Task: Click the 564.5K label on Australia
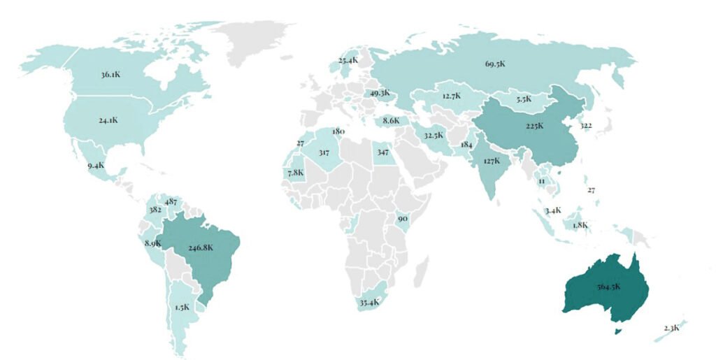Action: coord(606,287)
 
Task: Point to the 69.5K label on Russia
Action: coord(494,64)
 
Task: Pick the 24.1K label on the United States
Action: coord(108,120)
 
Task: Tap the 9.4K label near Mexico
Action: coord(96,166)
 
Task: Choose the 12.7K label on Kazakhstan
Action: coord(451,95)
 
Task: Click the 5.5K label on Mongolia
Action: coord(524,99)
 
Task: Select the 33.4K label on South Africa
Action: coord(369,302)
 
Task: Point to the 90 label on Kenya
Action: coord(402,219)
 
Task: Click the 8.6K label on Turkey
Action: coord(391,120)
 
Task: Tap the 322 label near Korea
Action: coord(587,126)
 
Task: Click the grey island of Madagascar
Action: coord(421,268)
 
